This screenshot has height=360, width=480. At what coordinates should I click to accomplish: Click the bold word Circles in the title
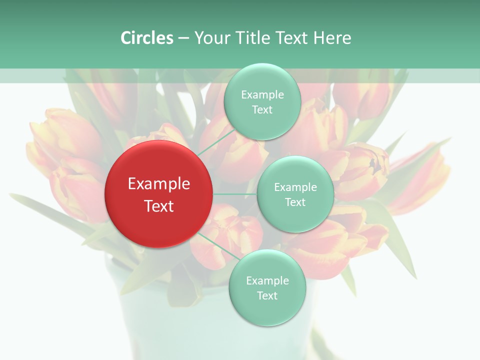(147, 38)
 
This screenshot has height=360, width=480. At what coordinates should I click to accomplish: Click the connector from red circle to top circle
(216, 141)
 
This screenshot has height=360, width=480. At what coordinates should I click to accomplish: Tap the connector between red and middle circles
(235, 194)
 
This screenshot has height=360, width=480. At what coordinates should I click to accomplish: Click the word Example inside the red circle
(159, 184)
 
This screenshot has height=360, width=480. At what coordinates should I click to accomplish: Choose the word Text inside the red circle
(159, 205)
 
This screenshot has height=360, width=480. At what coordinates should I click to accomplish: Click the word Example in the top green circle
(262, 95)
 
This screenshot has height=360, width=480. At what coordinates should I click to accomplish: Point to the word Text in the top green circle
(262, 109)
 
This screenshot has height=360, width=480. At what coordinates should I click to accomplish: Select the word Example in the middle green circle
(295, 187)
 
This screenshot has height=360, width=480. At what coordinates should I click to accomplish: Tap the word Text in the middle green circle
(295, 202)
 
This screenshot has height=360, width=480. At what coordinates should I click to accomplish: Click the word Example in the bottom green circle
(267, 281)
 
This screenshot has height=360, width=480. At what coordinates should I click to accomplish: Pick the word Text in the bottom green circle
(267, 295)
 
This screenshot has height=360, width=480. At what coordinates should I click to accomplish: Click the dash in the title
(183, 38)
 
